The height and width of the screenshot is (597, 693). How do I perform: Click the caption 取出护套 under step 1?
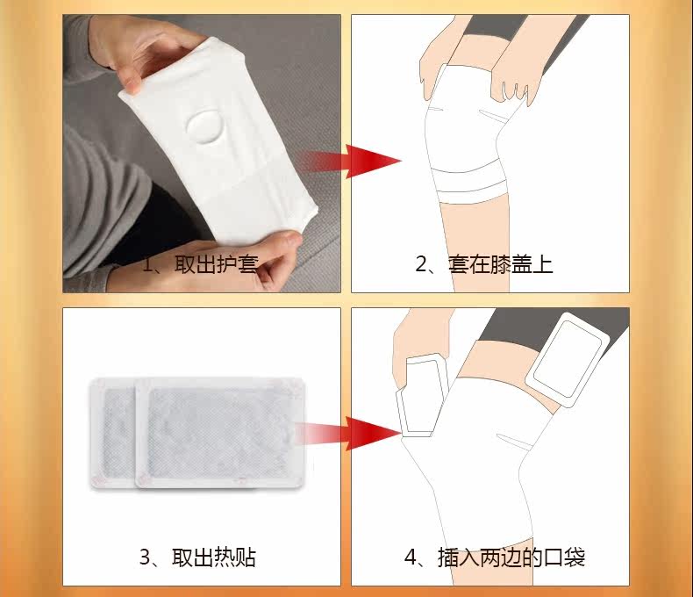tap(217, 264)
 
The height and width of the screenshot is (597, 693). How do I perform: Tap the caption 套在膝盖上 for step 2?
tap(500, 264)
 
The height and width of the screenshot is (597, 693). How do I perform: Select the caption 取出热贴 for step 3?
tap(214, 557)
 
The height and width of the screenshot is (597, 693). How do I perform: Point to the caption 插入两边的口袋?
tap(511, 557)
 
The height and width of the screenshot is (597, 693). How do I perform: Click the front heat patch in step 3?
tap(220, 433)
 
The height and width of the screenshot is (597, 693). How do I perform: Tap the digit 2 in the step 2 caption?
tap(421, 265)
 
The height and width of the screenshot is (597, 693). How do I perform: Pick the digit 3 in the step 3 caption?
tap(145, 557)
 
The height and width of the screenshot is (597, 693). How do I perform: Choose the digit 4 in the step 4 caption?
tap(411, 557)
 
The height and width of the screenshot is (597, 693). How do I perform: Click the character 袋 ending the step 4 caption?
tap(575, 557)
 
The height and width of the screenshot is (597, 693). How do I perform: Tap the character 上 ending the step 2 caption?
tap(543, 264)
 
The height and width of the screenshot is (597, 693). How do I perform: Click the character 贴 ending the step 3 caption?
tap(246, 557)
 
